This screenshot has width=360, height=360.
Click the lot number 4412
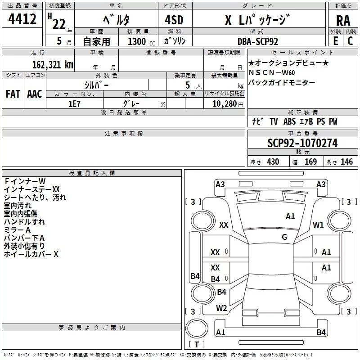click(x=22, y=19)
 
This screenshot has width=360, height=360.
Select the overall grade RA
click(x=343, y=21)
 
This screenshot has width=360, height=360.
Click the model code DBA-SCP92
click(x=257, y=41)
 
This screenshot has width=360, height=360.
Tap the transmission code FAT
click(x=13, y=94)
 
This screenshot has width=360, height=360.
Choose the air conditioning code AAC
click(x=35, y=94)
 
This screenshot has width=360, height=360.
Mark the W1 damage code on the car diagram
click(x=319, y=225)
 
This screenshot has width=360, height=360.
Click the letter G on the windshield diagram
click(x=284, y=237)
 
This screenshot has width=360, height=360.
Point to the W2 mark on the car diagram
click(x=221, y=308)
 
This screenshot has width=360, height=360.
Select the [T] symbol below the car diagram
click(x=197, y=345)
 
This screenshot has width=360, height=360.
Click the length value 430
click(x=273, y=162)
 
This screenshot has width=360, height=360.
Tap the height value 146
click(x=346, y=162)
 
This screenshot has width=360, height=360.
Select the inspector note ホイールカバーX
click(x=31, y=255)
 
